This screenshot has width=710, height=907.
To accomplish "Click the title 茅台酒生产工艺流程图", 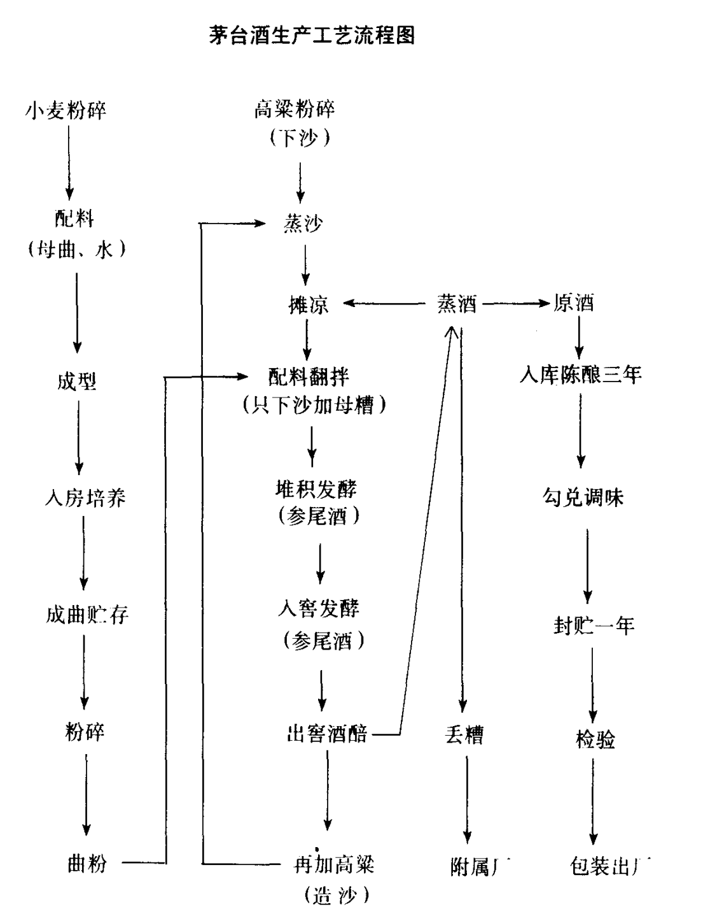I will [312, 34].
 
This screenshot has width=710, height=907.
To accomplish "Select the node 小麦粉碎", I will [66, 111].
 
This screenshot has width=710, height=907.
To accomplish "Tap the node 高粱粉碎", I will [294, 110].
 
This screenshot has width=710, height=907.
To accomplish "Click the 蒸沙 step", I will [303, 224].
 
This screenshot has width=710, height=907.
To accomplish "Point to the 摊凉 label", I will [309, 304].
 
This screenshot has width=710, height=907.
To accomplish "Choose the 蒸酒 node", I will [457, 304].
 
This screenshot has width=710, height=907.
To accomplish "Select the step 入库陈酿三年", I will [580, 375].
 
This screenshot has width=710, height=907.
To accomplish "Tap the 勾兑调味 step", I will [583, 497].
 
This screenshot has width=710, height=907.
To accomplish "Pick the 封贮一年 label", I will [594, 626].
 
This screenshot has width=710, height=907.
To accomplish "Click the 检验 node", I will [595, 740].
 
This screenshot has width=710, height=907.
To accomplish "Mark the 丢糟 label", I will [464, 735].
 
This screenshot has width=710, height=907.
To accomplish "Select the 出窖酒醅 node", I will [328, 734].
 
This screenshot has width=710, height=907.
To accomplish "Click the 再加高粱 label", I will [333, 864].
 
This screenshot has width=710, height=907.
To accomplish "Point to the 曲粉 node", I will [87, 864].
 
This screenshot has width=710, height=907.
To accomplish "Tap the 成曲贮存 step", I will [87, 615].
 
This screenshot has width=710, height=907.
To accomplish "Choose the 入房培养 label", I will [85, 497].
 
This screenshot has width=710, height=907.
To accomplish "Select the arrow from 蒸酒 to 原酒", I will [516, 304].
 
